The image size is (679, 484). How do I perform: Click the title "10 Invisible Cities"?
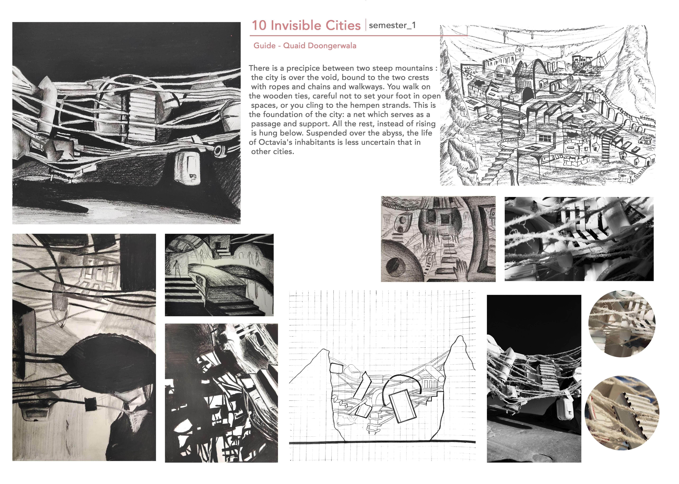pyautogui.click(x=306, y=26)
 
